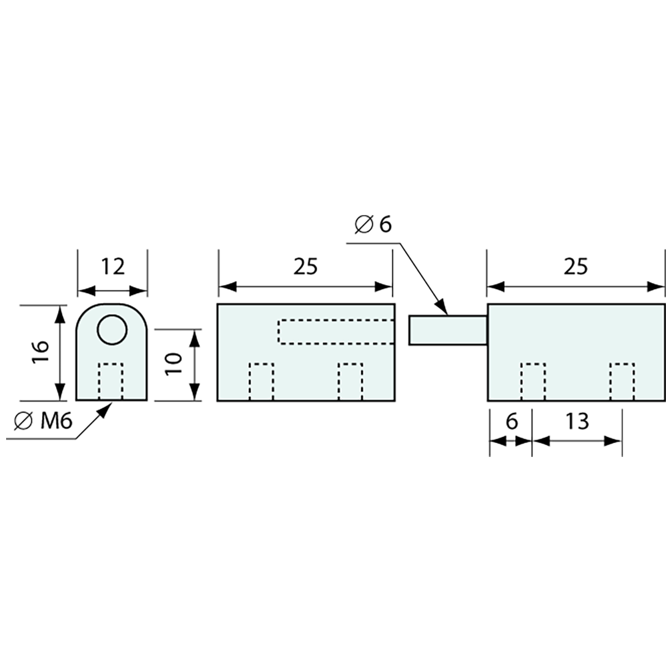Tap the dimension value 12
pos(113,266)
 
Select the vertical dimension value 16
pos(42,352)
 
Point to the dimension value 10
pos(175,364)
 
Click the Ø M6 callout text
pos(43,422)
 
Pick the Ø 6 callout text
pos(373,225)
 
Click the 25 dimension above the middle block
pos(305,266)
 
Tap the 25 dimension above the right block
pos(575,266)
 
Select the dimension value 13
pos(577,422)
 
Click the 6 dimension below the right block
pos(512,422)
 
